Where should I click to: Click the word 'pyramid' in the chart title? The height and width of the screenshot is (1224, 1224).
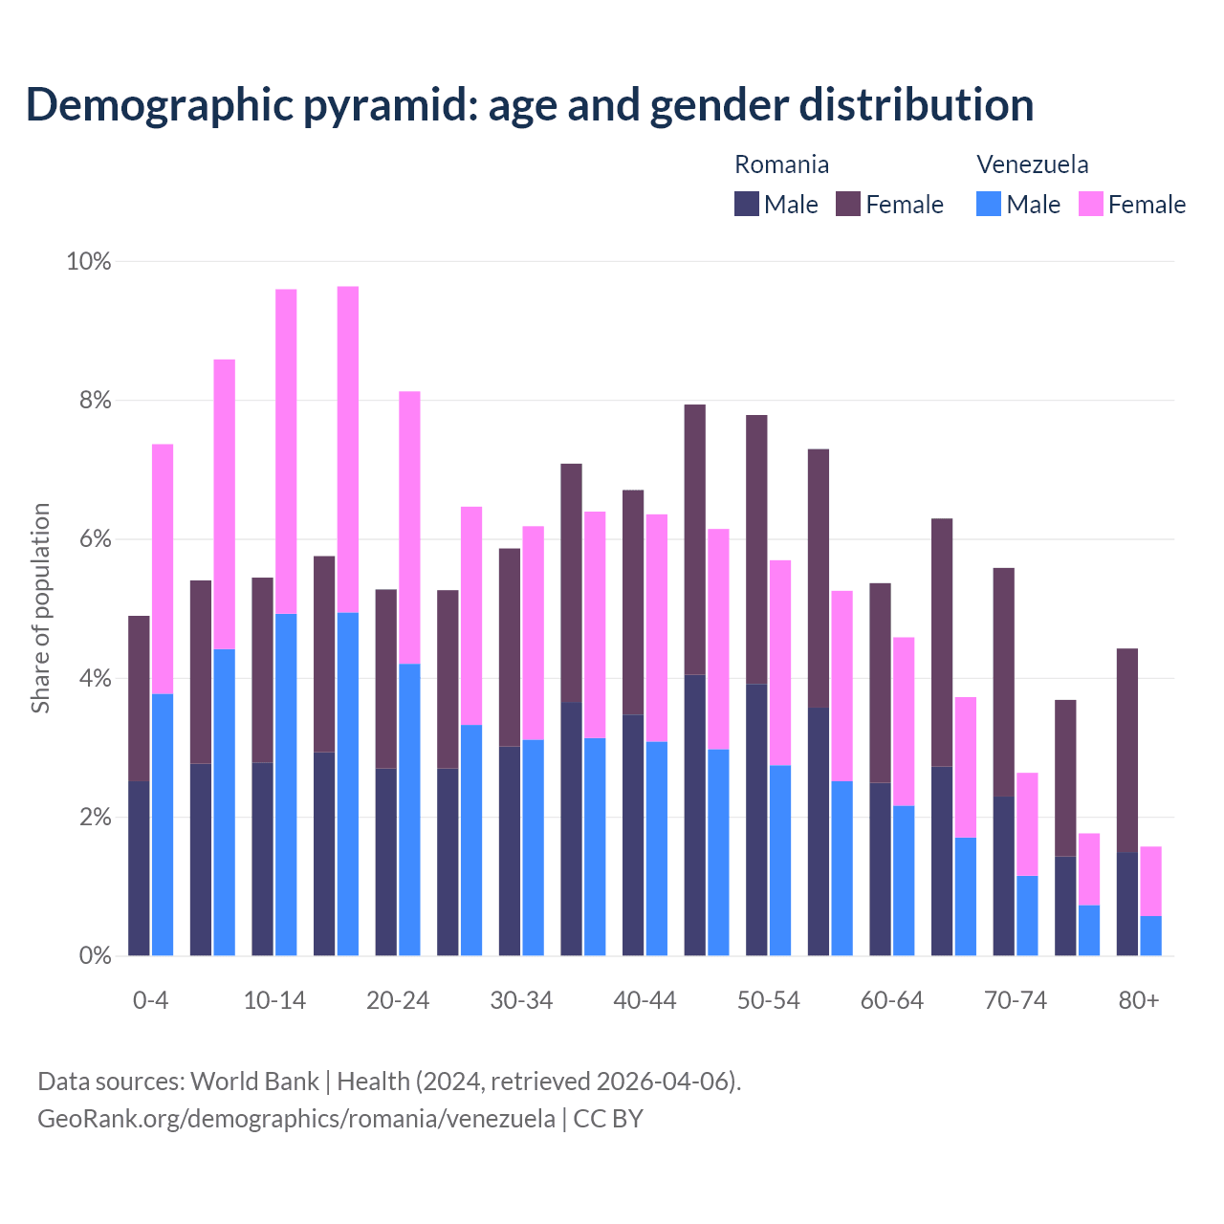point(387,105)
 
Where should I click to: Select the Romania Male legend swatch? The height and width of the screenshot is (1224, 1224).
point(747,204)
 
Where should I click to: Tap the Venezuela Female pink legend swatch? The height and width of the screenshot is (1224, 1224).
point(1090,204)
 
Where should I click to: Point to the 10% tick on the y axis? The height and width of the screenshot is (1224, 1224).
point(88,261)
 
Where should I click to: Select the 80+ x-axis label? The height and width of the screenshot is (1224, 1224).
point(1139,1000)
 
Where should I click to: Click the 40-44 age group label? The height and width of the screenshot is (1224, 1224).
point(645,1000)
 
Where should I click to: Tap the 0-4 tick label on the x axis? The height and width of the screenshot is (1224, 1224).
point(150,1000)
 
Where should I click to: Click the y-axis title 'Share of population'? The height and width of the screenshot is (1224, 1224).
point(40,608)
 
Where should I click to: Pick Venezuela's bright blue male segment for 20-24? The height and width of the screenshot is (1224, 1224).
point(409,809)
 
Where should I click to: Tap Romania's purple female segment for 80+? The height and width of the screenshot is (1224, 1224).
point(1127,751)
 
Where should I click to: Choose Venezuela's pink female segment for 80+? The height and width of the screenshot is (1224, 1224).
point(1150,881)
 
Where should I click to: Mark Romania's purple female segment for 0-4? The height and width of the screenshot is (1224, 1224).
point(139,698)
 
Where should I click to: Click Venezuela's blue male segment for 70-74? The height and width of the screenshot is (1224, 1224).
point(1027,915)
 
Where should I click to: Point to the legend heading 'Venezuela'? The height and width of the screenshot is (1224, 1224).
point(1032,164)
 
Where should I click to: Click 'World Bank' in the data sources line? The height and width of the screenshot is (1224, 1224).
point(254,1082)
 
